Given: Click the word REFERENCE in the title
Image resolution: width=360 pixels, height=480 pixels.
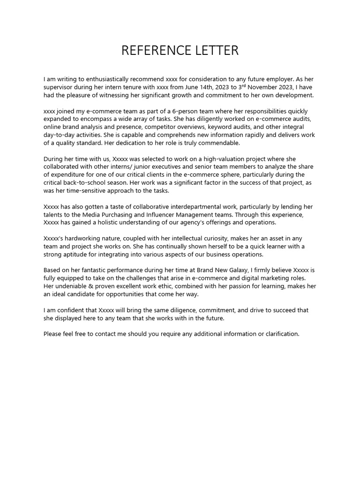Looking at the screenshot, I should coord(150,51).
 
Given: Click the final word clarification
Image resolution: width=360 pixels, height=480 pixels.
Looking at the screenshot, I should coord(279,334).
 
